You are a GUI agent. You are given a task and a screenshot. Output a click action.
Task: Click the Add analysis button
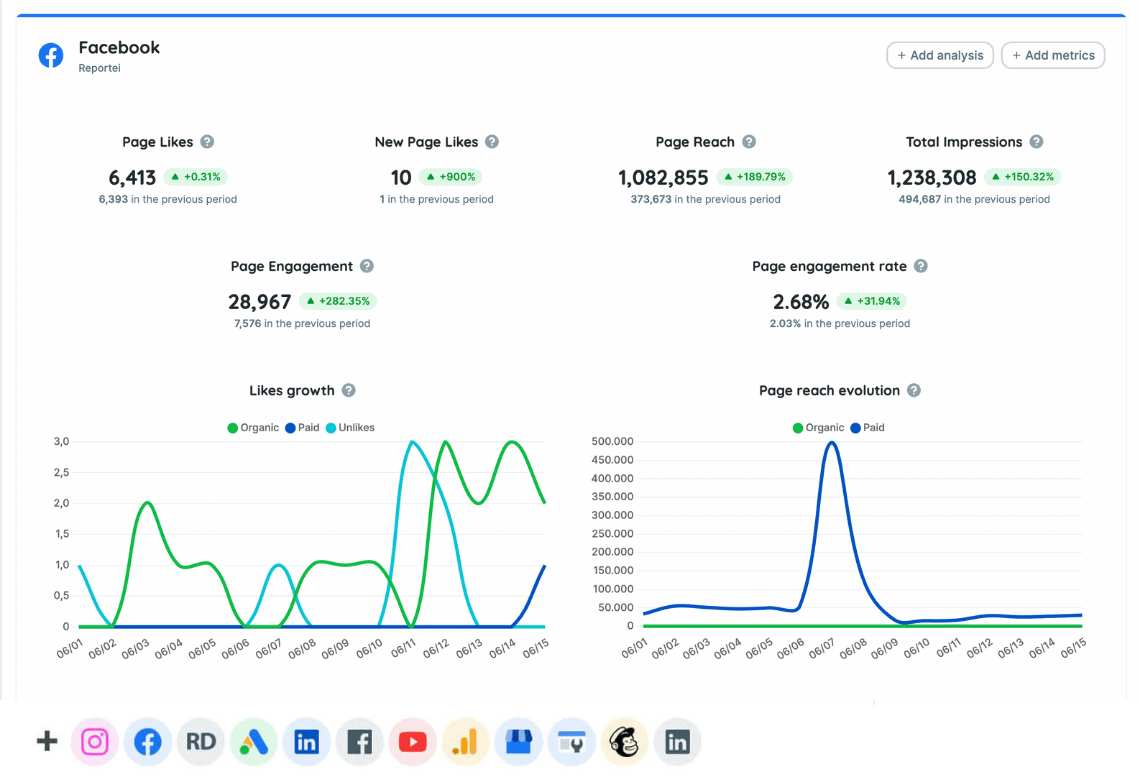pos(939,56)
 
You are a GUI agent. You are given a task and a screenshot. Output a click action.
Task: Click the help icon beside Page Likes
pos(207,142)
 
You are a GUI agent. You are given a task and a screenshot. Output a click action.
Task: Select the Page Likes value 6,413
pos(132,178)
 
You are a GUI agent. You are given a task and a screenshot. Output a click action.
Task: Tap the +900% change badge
pos(449,177)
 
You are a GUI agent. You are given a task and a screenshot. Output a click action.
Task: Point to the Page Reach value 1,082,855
pos(663,178)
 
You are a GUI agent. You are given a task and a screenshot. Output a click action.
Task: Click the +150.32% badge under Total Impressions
pos(1022,177)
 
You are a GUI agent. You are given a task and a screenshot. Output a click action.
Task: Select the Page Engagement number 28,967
pos(260,302)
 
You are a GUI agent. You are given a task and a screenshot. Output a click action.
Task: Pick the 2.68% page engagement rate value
pos(801,302)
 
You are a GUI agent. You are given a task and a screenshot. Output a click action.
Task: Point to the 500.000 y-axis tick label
pos(613,441)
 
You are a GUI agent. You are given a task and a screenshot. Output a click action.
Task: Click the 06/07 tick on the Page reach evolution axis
pos(821,651)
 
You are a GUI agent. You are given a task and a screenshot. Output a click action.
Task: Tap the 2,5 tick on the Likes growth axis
pos(61,472)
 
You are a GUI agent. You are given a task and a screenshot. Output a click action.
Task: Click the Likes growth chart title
pos(291,391)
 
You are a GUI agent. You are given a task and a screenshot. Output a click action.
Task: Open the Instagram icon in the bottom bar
pos(95,742)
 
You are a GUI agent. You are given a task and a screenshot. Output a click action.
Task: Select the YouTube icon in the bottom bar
pos(412,742)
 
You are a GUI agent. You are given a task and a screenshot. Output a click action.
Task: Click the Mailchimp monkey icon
pos(624,742)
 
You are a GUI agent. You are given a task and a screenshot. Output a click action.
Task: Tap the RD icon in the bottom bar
pos(201,742)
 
